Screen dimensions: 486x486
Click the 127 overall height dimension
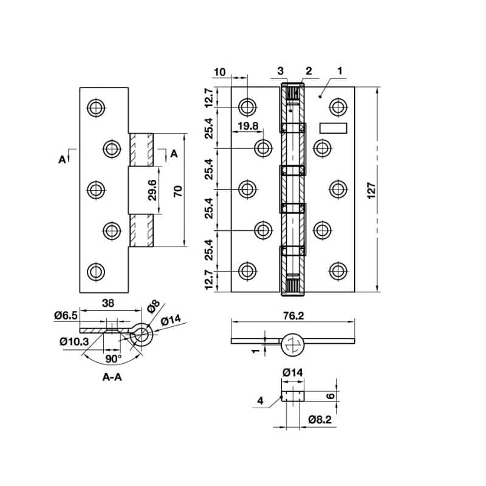(x=372, y=190)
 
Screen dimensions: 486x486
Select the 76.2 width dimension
(x=293, y=315)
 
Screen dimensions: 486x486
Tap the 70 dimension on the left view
(x=177, y=191)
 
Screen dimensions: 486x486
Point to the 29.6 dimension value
(x=152, y=190)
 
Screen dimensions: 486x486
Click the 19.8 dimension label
(x=248, y=126)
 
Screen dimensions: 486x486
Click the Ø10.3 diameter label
(x=74, y=341)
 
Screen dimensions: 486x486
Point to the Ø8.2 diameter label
(x=320, y=419)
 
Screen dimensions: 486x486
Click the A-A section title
(x=112, y=377)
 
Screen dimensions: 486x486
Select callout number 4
(x=260, y=400)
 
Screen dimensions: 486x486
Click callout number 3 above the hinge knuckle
(x=281, y=71)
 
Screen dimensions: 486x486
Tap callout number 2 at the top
(x=309, y=71)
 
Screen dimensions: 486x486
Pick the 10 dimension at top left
(x=219, y=72)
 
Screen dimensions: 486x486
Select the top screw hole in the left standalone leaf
(x=95, y=108)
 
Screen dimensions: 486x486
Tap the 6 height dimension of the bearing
(x=330, y=395)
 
